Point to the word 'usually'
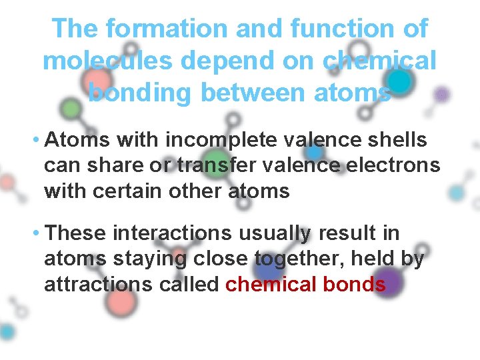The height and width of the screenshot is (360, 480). tap(272, 234)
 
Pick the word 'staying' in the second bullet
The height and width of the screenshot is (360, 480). tap(141, 259)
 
